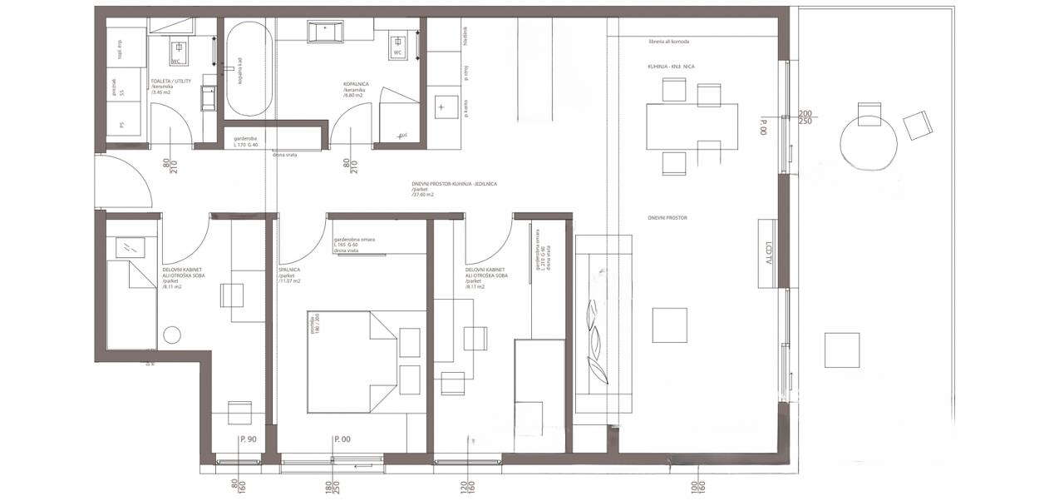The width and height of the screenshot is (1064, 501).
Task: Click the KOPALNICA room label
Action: pos(357,85)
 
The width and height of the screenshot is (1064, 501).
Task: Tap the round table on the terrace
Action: pos(869,141)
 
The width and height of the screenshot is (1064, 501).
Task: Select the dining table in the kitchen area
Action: pos(692,126)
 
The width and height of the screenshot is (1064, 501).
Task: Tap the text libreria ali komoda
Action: pos(670,42)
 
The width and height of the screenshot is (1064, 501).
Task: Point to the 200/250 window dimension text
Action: pos(805,117)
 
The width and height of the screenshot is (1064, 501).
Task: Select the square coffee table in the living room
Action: pos(669,325)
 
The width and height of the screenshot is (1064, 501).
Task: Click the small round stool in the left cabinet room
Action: pos(172,335)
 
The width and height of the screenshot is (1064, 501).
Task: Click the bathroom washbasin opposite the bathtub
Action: pos(326,32)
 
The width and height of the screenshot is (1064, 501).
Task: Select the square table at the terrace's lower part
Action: pos(841,350)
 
